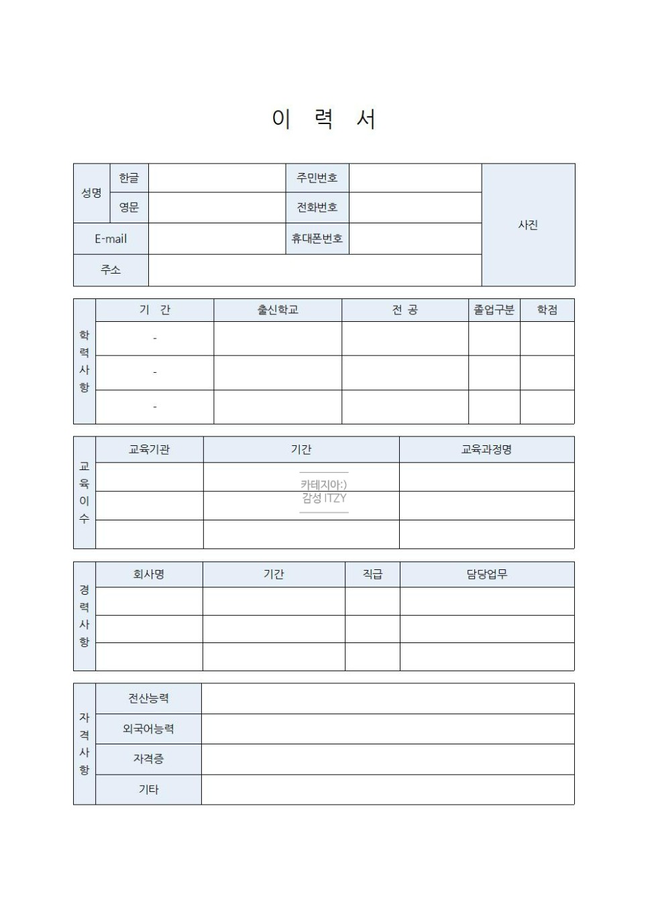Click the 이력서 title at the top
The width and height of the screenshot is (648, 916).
(323, 119)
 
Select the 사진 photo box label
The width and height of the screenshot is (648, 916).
(528, 225)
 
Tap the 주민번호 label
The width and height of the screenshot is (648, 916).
(317, 178)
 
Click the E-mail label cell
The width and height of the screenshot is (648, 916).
(111, 239)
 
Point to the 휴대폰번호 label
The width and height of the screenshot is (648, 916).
(317, 239)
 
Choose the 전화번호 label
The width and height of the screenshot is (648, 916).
(317, 207)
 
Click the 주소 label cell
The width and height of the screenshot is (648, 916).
(111, 270)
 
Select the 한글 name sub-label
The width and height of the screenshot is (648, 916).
(129, 178)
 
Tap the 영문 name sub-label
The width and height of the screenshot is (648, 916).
(129, 207)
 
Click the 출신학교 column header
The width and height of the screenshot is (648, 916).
(278, 310)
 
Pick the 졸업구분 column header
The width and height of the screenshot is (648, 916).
(494, 310)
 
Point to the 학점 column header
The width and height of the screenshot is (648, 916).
(547, 310)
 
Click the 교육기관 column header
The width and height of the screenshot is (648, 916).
(149, 449)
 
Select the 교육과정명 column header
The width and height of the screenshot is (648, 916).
(486, 449)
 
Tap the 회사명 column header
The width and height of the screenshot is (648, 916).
(149, 574)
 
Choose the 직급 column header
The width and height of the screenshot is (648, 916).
(372, 574)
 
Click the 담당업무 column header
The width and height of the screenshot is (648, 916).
(487, 574)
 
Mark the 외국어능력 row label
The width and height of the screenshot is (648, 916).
(148, 729)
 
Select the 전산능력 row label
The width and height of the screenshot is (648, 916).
(148, 698)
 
